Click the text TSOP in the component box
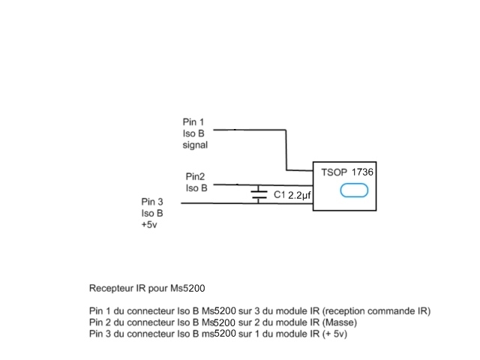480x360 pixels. (333, 172)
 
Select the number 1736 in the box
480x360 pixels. (362, 172)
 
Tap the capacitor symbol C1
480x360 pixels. (259, 194)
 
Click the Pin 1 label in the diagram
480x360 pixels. (193, 121)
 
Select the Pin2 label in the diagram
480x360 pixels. (196, 175)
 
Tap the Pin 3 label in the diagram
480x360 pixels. (151, 202)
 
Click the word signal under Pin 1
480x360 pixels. (195, 145)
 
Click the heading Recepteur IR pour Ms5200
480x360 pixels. (147, 287)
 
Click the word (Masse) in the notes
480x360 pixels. (339, 322)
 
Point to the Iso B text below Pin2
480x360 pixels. (196, 187)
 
